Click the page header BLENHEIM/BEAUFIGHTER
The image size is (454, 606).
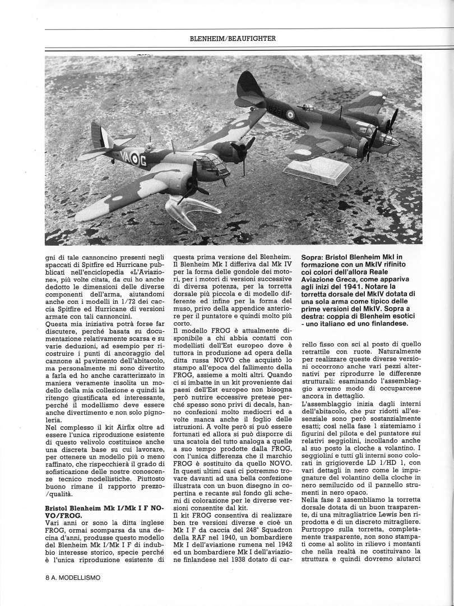(233, 38)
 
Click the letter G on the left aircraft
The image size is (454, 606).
(143, 162)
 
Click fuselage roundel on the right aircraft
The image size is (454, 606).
(290, 115)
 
